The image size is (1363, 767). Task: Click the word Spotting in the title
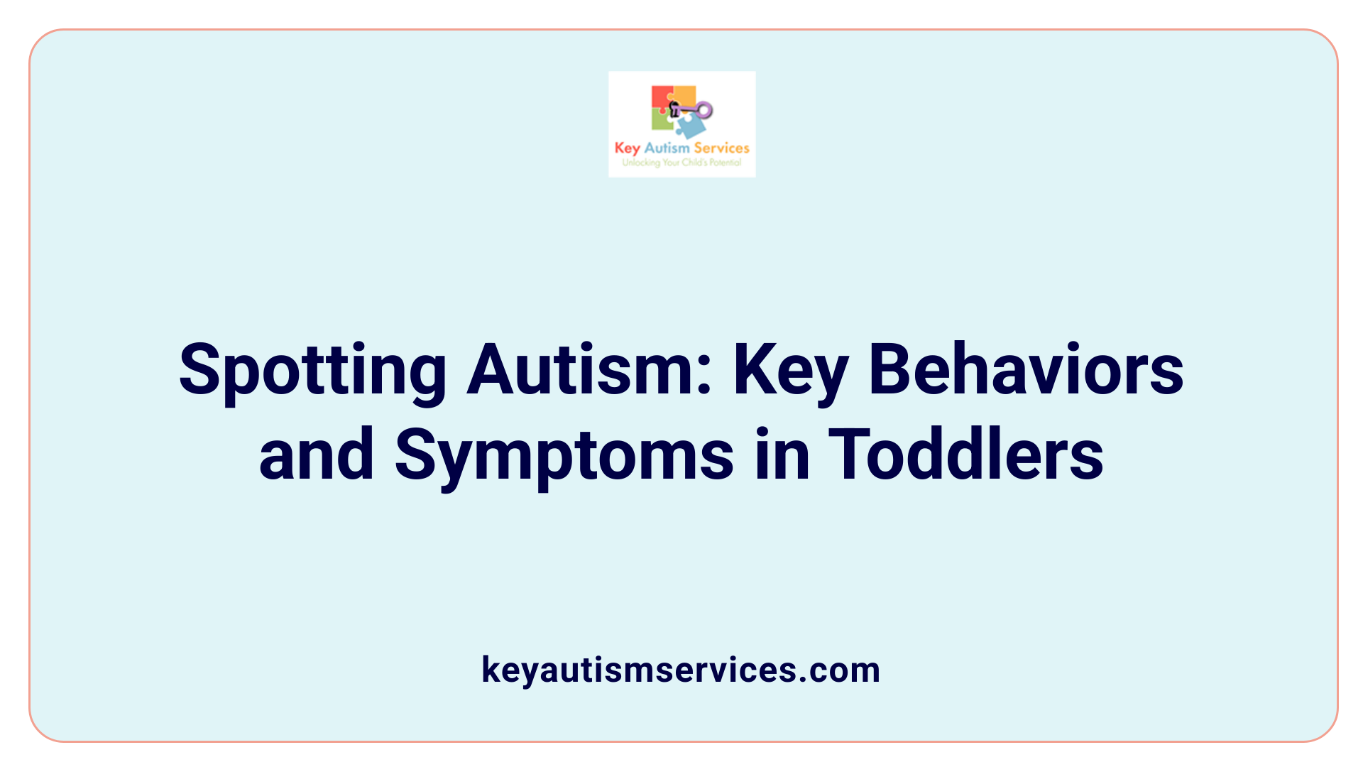click(x=312, y=371)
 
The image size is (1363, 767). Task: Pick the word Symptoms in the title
click(x=564, y=456)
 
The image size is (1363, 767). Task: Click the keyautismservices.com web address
click(x=681, y=670)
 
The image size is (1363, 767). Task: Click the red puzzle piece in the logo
click(x=661, y=97)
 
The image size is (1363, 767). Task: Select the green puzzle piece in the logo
click(x=661, y=121)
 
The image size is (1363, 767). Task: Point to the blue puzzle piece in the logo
click(x=690, y=126)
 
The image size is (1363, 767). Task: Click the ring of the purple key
click(x=704, y=110)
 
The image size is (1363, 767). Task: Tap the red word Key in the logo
click(x=628, y=148)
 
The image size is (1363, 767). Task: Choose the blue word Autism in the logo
click(x=667, y=148)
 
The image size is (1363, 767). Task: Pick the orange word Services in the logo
click(x=721, y=148)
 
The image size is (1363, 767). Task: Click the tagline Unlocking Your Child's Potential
click(x=681, y=163)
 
